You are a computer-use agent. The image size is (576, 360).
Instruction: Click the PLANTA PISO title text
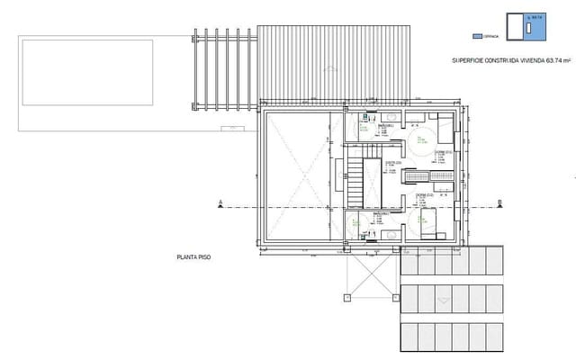click(193, 256)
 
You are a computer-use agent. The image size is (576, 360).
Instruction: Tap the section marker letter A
click(220, 202)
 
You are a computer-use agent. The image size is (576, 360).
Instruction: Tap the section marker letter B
click(499, 202)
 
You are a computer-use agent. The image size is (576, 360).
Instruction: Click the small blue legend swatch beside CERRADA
click(477, 36)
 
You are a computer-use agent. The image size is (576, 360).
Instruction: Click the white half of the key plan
click(517, 28)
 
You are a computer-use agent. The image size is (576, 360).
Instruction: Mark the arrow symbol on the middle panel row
click(441, 299)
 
